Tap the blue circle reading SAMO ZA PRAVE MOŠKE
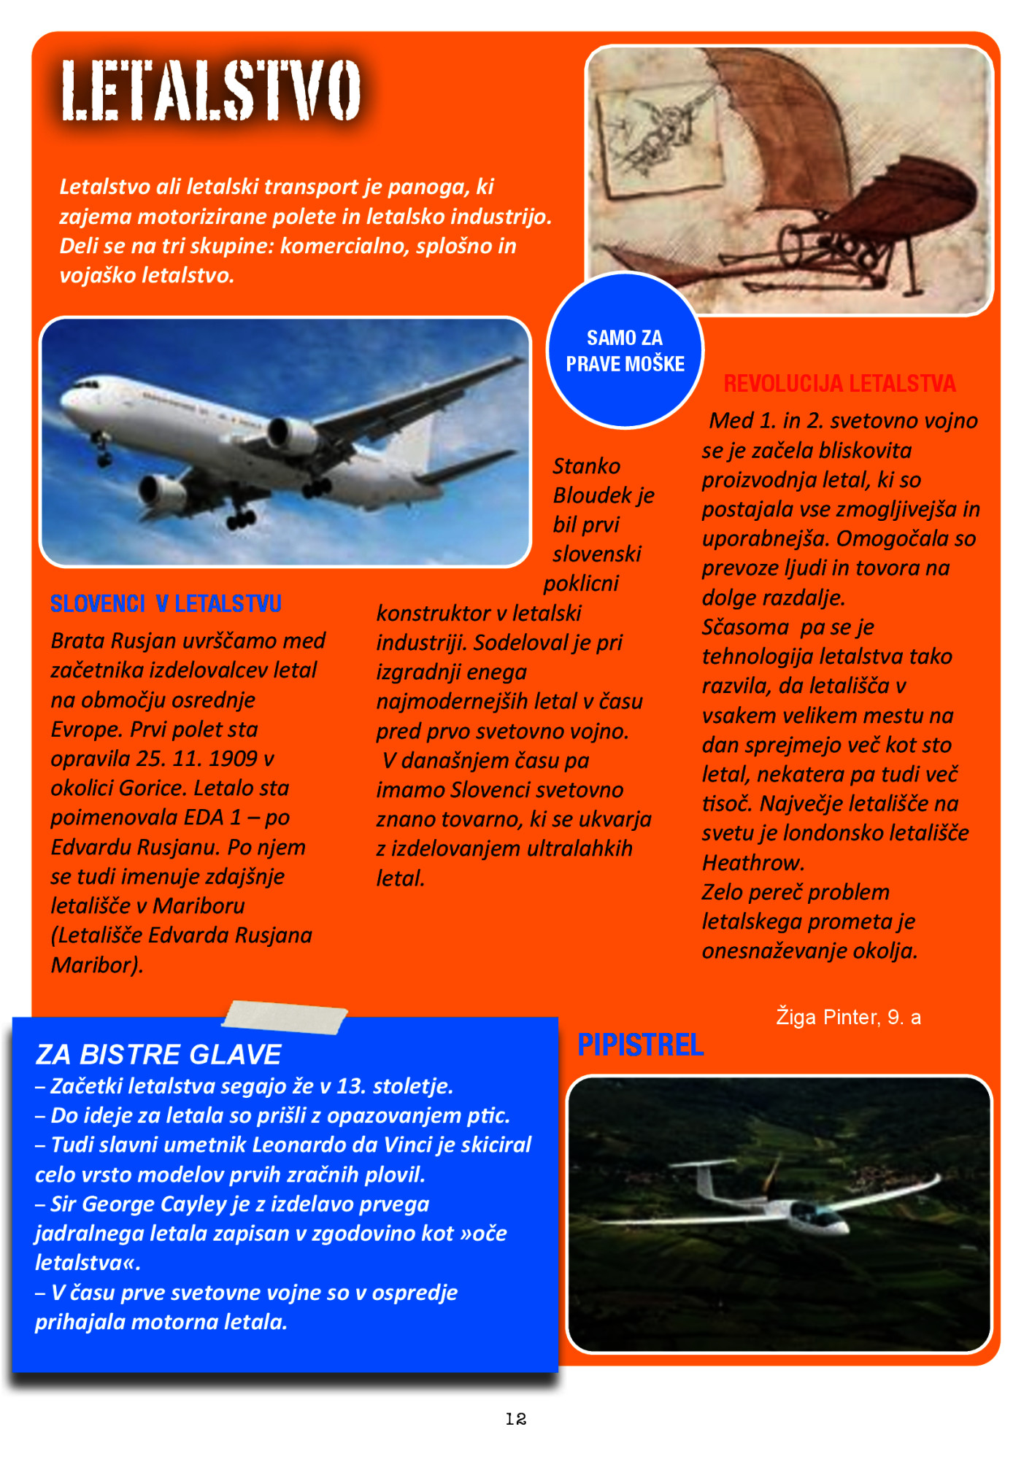pos(625,351)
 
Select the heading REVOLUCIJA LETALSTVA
pos(839,384)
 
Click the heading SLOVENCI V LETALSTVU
pos(166,604)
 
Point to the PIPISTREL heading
pos(640,1045)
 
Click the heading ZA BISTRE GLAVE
pos(158,1055)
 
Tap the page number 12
pos(515,1418)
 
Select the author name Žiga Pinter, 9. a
pos(848,1017)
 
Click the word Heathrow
pos(752,863)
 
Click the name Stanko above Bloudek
pos(586,466)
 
